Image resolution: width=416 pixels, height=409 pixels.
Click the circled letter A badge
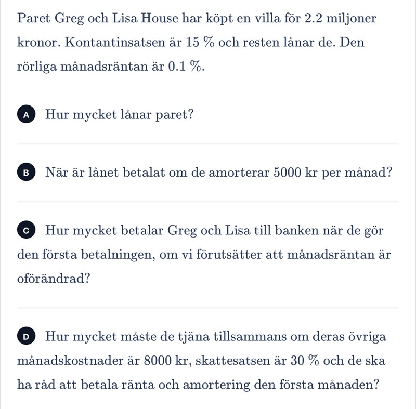pos(27,115)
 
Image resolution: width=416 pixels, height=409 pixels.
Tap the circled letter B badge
pos(27,173)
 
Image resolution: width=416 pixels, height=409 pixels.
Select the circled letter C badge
pos(27,230)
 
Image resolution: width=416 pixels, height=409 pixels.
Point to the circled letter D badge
pos(27,337)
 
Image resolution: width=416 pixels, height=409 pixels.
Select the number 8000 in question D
pos(158,361)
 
